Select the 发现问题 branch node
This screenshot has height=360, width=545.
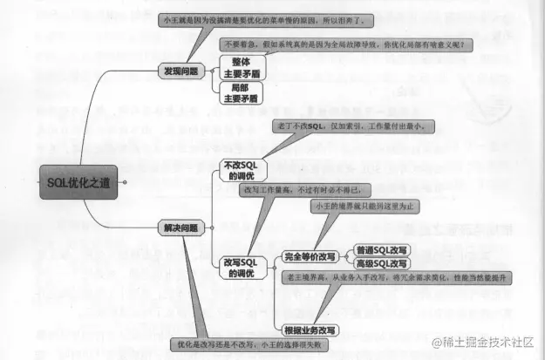(x=181, y=71)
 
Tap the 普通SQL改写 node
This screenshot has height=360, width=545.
(x=382, y=249)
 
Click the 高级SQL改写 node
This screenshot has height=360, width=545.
(x=382, y=263)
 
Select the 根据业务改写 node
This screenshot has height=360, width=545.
(x=310, y=330)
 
